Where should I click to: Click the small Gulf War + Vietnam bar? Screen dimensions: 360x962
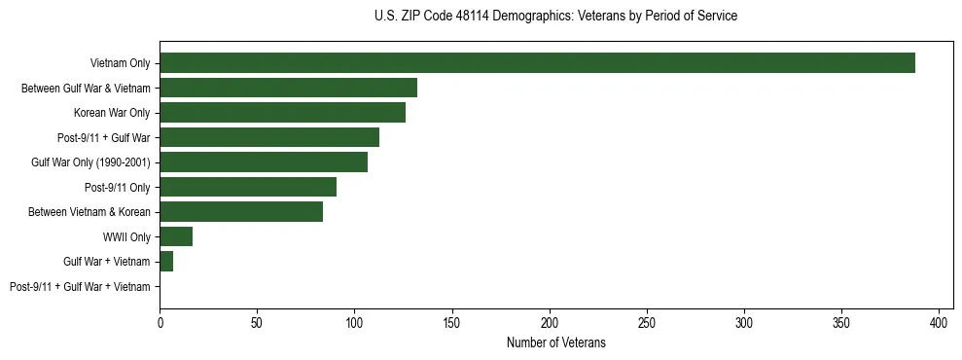click(166, 261)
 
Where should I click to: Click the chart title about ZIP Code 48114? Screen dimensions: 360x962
click(555, 17)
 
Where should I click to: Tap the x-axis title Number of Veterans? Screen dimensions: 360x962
click(555, 342)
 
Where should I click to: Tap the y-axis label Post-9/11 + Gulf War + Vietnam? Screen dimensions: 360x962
click(80, 286)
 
